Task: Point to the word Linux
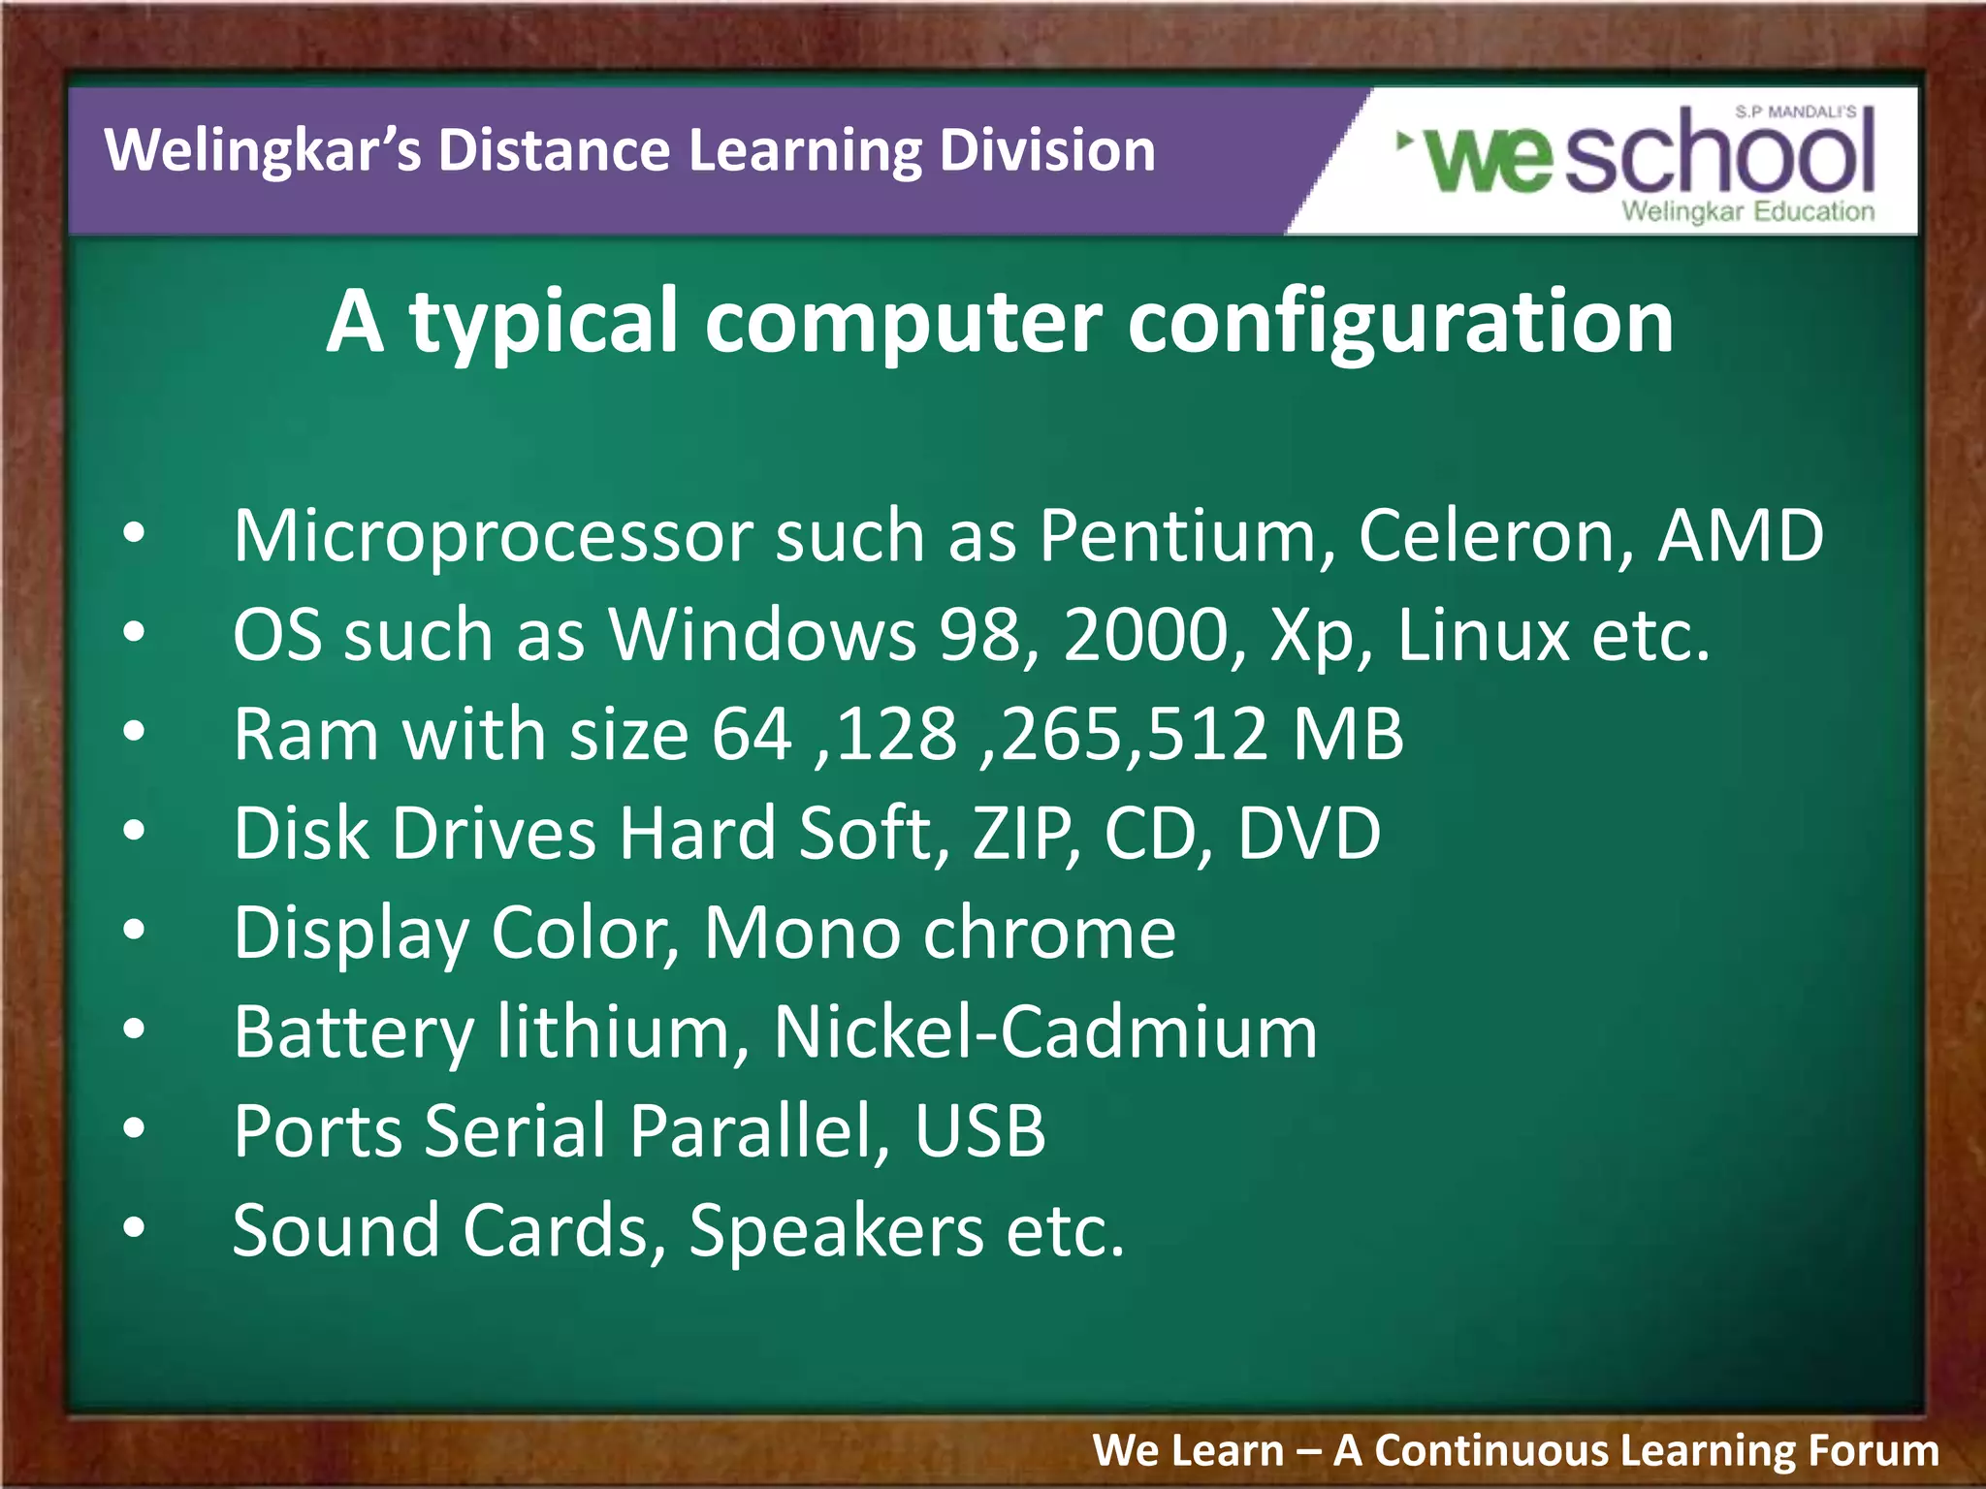point(1483,635)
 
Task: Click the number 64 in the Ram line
point(752,734)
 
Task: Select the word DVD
point(1309,833)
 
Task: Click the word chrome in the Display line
point(1049,933)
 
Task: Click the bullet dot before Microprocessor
point(134,533)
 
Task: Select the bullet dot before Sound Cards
point(134,1228)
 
